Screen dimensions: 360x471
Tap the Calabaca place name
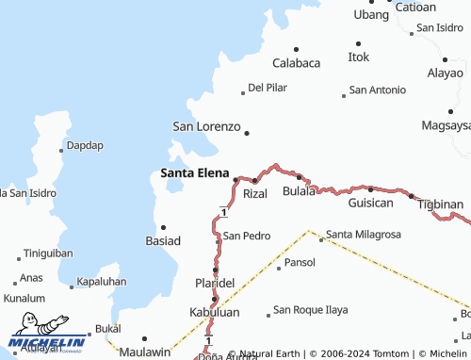[x=296, y=63]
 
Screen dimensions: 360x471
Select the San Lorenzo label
[x=206, y=125]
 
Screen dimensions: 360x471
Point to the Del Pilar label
[x=267, y=88]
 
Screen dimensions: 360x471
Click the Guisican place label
[x=370, y=203]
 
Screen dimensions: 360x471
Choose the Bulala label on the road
[x=300, y=191]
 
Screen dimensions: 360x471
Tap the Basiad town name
[x=163, y=240]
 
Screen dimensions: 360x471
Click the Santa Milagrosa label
[x=364, y=234]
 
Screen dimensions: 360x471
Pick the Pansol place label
[x=300, y=262]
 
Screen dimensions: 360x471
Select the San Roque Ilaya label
[x=310, y=309]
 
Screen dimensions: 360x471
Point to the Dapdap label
[x=85, y=146]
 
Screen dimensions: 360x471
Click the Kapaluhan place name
[x=102, y=282]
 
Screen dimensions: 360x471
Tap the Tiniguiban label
[x=48, y=254]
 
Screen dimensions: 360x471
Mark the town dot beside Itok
[x=358, y=43]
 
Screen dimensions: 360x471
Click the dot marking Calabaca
[x=296, y=49]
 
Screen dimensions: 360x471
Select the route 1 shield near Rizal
[x=223, y=211]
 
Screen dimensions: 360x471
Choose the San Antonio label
[x=377, y=90]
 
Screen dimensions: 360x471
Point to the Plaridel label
[x=214, y=283]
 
